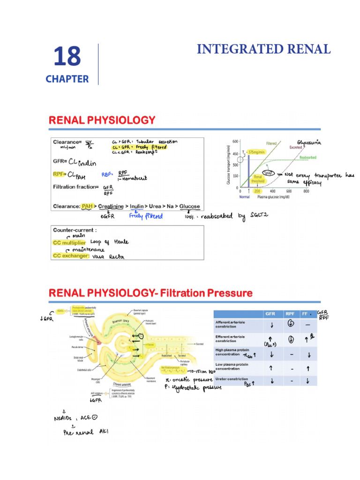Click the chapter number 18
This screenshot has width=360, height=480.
[67, 57]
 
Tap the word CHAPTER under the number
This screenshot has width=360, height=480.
[67, 79]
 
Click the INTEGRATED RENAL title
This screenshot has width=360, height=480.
[264, 49]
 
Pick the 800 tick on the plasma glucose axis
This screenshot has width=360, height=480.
[306, 191]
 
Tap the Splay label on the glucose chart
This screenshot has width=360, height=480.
[269, 173]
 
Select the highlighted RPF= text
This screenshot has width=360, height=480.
[61, 175]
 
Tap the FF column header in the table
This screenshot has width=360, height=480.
[305, 314]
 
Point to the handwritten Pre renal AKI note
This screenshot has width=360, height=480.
[86, 432]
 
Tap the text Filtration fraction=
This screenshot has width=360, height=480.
[76, 187]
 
